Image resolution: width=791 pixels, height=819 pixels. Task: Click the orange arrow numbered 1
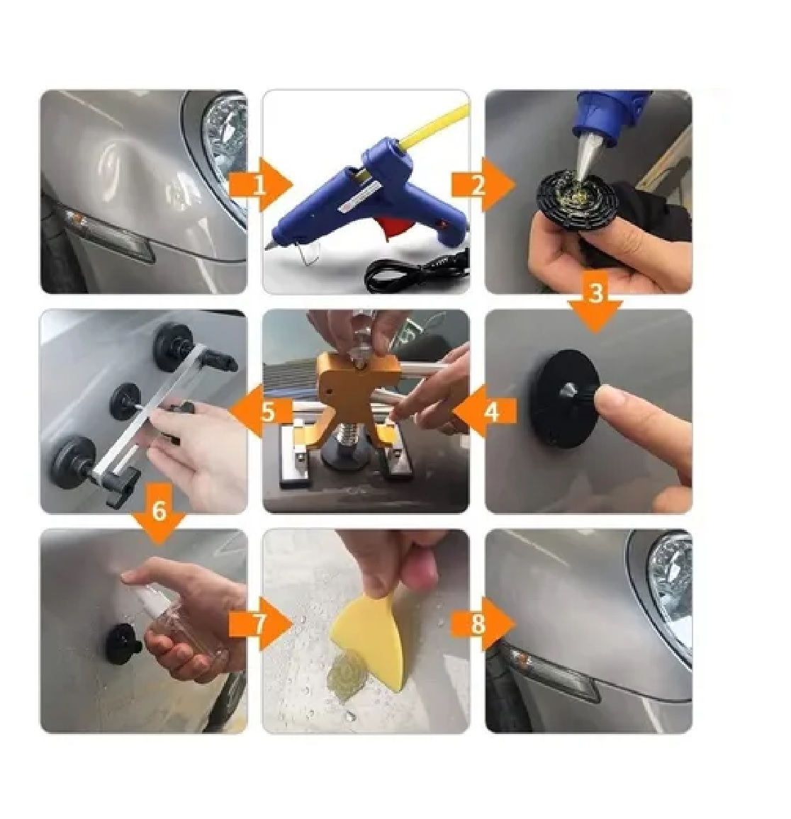260,186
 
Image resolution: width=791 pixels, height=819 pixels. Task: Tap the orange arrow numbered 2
483,185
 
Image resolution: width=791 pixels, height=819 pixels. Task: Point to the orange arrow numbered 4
485,412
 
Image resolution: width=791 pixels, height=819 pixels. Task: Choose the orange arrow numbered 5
260,411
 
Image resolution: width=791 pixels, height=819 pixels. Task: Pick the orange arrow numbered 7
260,623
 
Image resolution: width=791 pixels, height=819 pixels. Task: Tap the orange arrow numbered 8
483,623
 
